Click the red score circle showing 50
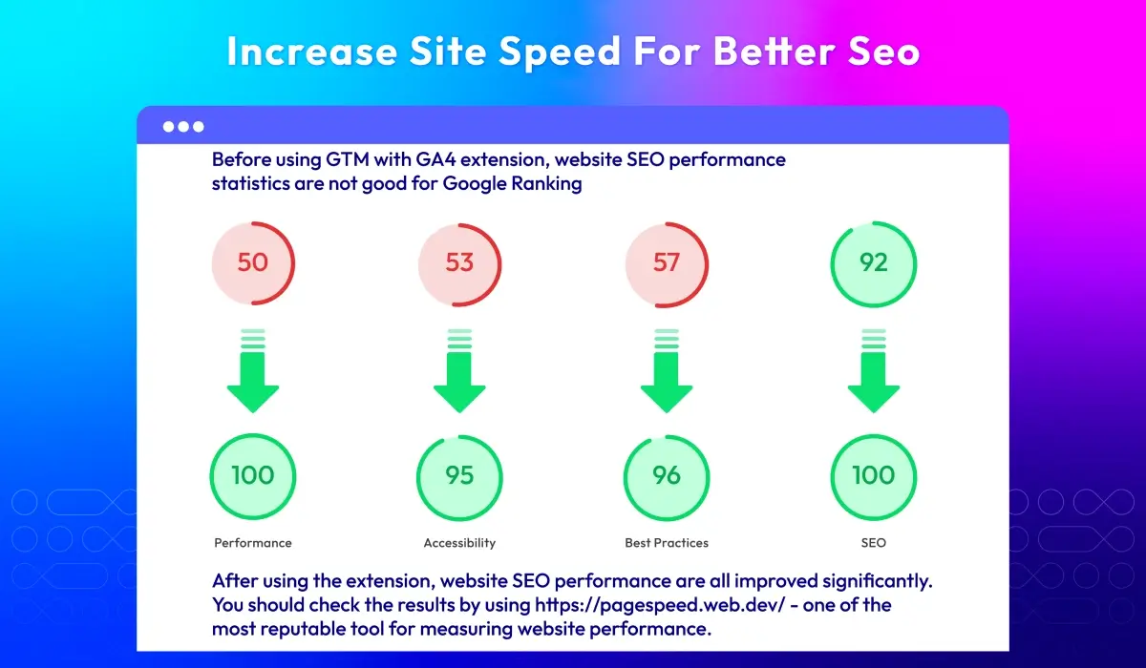pos(253,263)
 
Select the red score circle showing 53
pos(459,264)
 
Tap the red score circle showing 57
pos(667,264)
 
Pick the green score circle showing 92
pos(873,264)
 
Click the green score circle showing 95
pos(459,477)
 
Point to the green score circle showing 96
pos(667,477)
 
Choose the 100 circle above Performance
pos(253,476)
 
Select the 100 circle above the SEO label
pos(873,477)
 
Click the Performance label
pos(253,543)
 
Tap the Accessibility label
pos(459,543)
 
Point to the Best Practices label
pos(667,543)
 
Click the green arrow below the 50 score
pos(253,371)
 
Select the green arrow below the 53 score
pos(459,371)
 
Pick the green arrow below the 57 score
pos(667,371)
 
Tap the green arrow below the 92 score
pos(873,371)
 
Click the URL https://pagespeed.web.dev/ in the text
pos(660,605)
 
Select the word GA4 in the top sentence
pos(435,159)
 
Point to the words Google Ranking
pos(512,183)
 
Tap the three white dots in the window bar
pos(183,127)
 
